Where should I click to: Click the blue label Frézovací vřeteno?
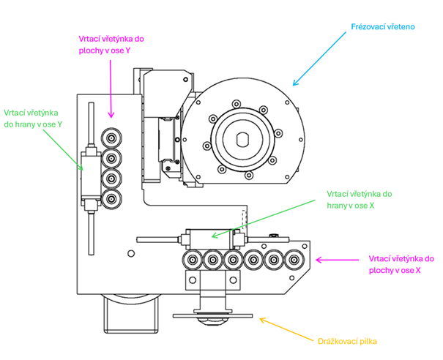point(383,27)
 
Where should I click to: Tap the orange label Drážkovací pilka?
point(347,342)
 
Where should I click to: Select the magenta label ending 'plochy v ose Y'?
point(111,45)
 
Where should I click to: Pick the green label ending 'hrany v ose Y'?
point(33,119)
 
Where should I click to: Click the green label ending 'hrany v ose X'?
point(360,200)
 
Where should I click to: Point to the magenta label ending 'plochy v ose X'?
point(401,265)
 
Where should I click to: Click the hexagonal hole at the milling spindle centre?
point(242,140)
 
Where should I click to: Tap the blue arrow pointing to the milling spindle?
point(319,59)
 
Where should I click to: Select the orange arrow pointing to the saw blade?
point(286,330)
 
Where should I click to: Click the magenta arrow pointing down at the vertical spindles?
point(111,89)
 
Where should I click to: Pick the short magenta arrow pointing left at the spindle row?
point(337,260)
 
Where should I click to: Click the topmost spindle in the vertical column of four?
point(111,138)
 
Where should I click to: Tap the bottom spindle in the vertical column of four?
point(111,199)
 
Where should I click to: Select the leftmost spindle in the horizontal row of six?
point(193,260)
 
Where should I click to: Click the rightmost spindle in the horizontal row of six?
point(294,260)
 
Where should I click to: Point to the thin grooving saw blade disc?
point(212,315)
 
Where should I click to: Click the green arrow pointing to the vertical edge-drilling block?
point(63,150)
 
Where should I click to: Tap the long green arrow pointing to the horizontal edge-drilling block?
point(264,219)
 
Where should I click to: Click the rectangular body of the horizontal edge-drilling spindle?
point(211,239)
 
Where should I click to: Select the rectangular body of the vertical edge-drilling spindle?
point(91,176)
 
